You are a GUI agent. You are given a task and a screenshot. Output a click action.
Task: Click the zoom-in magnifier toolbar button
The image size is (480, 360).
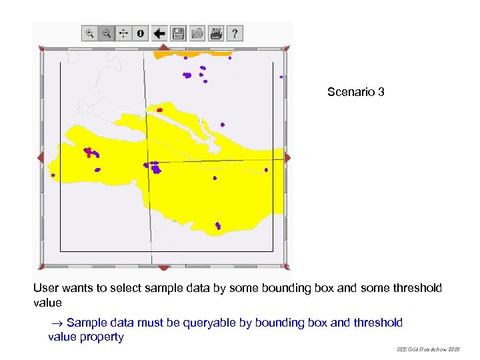click(90, 33)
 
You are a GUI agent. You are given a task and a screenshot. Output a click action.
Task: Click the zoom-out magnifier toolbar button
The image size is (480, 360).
click(107, 33)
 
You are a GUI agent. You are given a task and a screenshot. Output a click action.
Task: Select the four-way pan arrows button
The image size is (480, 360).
click(124, 33)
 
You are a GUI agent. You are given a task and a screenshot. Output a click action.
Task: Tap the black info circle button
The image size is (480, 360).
click(141, 33)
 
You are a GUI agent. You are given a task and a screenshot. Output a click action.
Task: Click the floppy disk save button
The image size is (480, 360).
click(178, 33)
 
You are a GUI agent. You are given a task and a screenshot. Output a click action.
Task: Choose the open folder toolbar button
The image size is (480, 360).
click(197, 33)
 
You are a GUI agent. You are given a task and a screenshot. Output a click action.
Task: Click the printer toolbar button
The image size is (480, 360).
click(216, 33)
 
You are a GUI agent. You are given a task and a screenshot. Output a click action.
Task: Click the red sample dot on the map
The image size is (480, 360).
click(159, 110)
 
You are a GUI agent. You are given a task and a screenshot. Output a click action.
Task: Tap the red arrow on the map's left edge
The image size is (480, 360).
click(41, 158)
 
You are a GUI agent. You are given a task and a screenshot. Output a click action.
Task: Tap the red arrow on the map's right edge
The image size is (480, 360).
click(287, 158)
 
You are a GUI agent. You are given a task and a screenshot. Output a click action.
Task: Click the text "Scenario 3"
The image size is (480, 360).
click(355, 92)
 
